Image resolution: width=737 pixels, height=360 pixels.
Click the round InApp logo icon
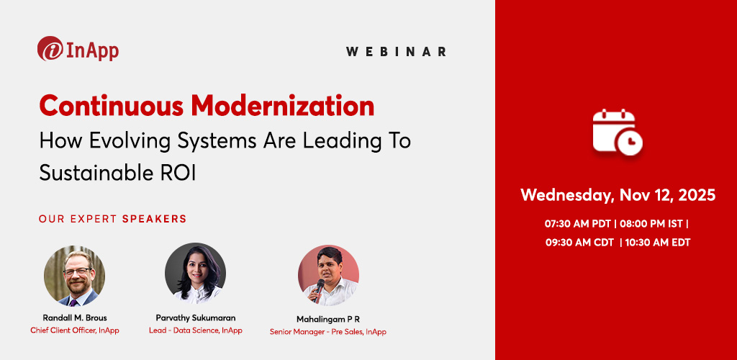point(50,49)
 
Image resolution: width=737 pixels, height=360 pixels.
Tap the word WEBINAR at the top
point(396,52)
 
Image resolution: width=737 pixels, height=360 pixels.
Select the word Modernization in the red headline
point(282,106)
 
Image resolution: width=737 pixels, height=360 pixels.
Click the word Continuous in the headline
point(111,106)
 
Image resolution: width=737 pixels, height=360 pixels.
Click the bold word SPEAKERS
point(154,218)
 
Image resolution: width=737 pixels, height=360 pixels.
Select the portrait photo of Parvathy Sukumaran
point(195,273)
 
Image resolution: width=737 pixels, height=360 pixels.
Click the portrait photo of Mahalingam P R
point(328,276)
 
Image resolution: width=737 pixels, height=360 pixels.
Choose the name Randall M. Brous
point(75,317)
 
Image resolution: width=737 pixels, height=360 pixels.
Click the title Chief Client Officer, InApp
point(75,330)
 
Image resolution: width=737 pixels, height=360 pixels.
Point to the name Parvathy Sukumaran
point(195,317)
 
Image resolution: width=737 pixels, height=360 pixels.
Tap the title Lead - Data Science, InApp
point(195,330)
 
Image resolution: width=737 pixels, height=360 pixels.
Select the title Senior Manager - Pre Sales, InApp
point(328,331)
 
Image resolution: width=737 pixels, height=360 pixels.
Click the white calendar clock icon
point(617,132)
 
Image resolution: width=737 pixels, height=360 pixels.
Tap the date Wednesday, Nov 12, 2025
point(618,195)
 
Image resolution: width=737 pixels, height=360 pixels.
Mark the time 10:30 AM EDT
point(659,243)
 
